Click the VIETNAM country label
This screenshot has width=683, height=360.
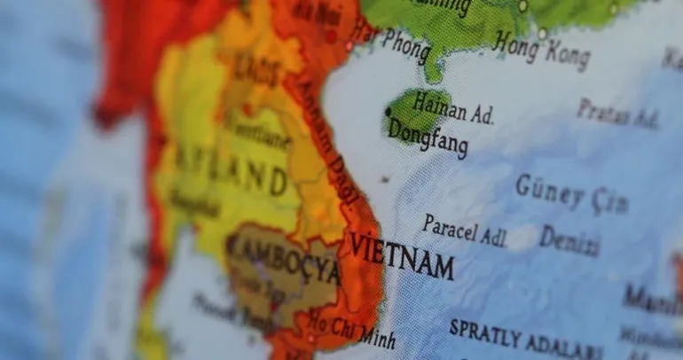[x=401, y=256]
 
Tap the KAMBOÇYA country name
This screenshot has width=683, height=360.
[x=283, y=258]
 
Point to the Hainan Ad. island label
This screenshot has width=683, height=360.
[x=452, y=108]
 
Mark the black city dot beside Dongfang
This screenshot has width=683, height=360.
[x=388, y=111]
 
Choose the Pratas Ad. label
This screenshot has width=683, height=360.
[x=618, y=113]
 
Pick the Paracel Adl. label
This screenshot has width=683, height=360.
[x=464, y=231]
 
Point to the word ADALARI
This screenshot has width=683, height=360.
[x=564, y=345]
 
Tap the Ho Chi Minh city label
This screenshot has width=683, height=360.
[x=353, y=334]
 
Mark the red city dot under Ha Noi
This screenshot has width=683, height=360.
[x=331, y=36]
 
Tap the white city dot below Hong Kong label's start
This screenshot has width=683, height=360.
[x=542, y=33]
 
